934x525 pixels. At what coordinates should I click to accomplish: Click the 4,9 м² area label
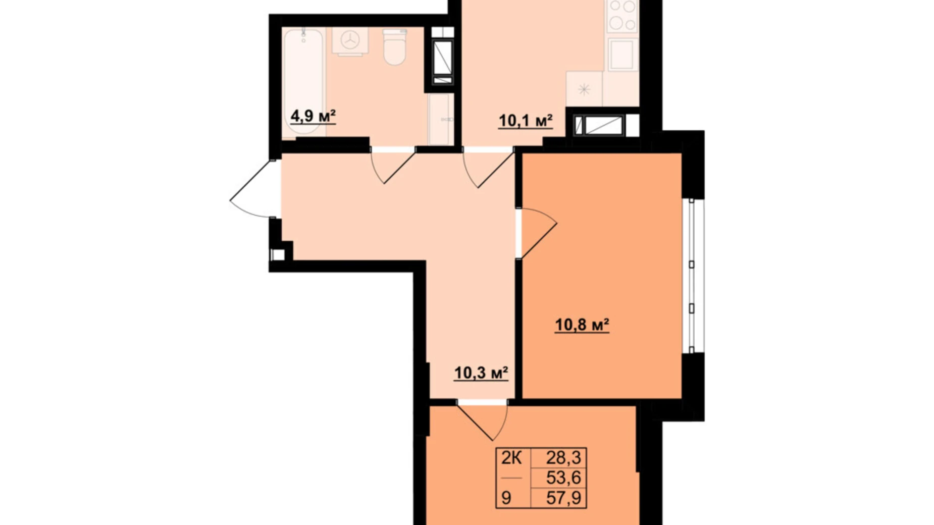313,116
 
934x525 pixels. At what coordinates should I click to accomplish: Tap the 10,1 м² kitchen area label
526,121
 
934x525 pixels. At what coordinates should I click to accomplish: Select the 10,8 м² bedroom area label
582,325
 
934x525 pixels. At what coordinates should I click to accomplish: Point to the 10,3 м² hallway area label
481,373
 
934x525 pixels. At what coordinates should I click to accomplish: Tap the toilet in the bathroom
394,47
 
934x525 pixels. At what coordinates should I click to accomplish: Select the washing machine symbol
350,41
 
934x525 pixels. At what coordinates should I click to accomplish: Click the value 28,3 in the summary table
563,458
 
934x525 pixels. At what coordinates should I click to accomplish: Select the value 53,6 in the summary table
563,478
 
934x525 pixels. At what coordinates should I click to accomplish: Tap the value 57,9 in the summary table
563,498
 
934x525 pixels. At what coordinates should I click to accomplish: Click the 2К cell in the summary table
511,458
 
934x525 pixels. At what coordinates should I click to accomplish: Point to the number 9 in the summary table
506,498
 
